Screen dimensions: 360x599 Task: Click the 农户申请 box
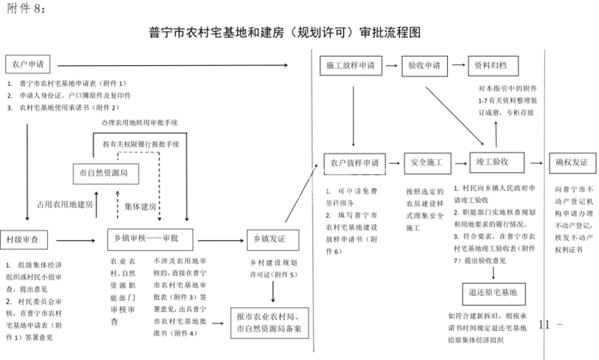[x=28, y=64]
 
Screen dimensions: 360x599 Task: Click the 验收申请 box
[x=424, y=66]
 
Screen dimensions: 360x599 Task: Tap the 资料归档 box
[x=491, y=66]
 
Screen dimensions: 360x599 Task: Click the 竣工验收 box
[x=492, y=162]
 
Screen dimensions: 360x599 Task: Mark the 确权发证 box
[x=571, y=162]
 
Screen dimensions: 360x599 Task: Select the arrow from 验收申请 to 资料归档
[x=457, y=66]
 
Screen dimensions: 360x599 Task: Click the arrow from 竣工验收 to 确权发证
[x=532, y=162]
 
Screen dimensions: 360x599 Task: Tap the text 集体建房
[x=141, y=206]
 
